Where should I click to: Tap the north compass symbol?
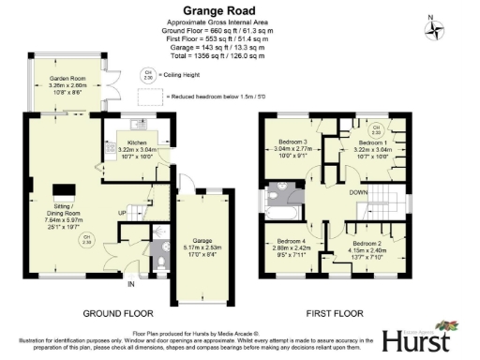(434, 28)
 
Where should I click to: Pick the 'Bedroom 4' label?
(292, 246)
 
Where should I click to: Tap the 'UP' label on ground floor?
(122, 214)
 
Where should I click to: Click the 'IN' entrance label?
(131, 283)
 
